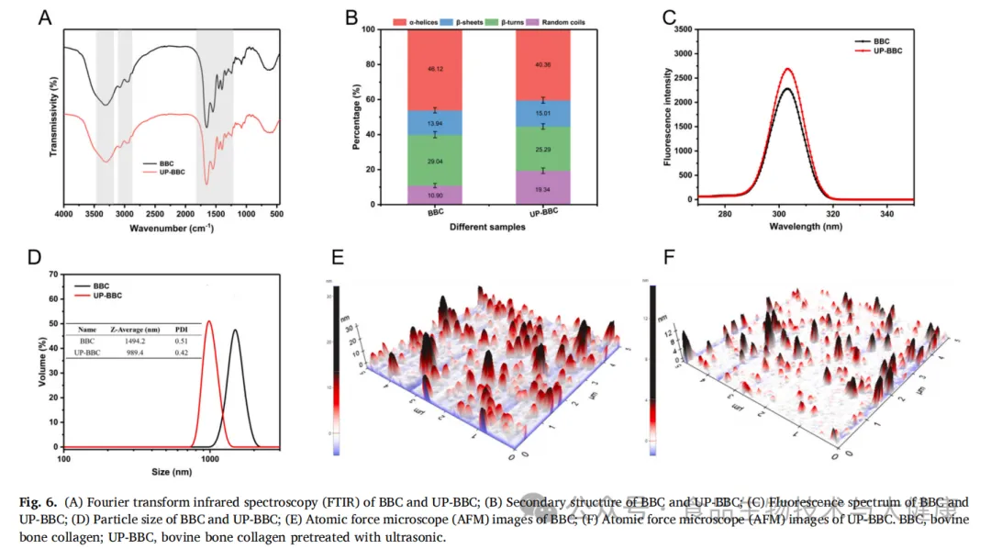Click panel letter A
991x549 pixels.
tap(44, 17)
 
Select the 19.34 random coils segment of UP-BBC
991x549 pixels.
tap(543, 188)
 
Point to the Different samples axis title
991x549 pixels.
tap(489, 227)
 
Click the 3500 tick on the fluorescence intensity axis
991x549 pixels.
tap(678, 29)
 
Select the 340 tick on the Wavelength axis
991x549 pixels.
tap(886, 214)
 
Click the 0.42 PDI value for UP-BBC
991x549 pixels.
tap(181, 353)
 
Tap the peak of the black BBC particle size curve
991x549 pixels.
tap(236, 331)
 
